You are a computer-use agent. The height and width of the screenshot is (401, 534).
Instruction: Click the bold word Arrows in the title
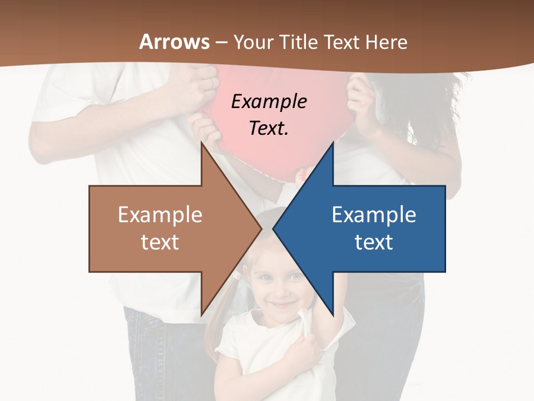[x=175, y=42]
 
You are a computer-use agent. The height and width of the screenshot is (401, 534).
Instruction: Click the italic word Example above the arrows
[x=269, y=102]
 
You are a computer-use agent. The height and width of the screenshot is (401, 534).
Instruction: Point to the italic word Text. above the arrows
[x=269, y=129]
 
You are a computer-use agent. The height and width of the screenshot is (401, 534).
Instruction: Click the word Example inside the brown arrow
[x=160, y=215]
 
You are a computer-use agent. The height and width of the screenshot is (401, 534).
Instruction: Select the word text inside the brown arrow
[x=160, y=242]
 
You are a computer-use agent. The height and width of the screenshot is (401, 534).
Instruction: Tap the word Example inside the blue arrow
[x=374, y=215]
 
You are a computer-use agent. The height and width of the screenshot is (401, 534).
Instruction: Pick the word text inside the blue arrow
[x=374, y=242]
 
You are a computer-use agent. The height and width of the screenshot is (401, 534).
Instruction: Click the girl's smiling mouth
[x=282, y=305]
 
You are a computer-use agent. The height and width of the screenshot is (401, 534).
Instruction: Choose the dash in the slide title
[x=221, y=42]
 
